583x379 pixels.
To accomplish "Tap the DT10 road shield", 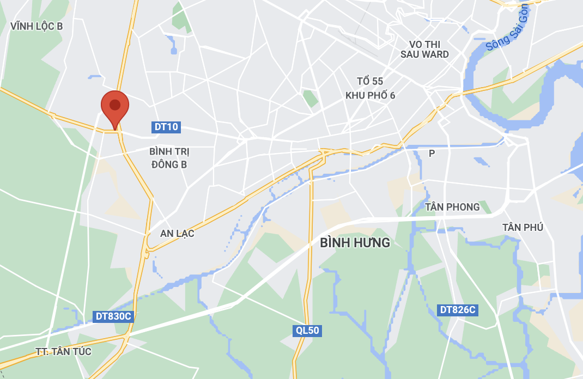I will pyautogui.click(x=166, y=127).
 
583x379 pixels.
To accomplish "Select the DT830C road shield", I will pyautogui.click(x=113, y=316).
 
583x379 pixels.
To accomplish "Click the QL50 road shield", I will pyautogui.click(x=307, y=331).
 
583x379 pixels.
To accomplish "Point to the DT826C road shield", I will pyautogui.click(x=458, y=310).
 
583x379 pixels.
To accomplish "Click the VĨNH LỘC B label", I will pyautogui.click(x=37, y=26).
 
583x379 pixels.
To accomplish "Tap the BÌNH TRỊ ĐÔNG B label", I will pyautogui.click(x=169, y=157).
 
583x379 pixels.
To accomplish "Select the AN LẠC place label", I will pyautogui.click(x=177, y=234).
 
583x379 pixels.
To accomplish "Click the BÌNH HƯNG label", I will pyautogui.click(x=355, y=242).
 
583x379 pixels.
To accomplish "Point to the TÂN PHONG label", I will pyautogui.click(x=452, y=207).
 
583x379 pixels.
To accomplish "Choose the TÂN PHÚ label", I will pyautogui.click(x=523, y=227).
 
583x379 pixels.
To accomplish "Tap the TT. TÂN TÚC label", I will pyautogui.click(x=64, y=352).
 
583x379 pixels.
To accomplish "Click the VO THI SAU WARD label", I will pyautogui.click(x=424, y=49).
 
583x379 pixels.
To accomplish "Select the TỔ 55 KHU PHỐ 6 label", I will pyautogui.click(x=370, y=88).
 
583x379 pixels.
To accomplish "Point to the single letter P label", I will pyautogui.click(x=432, y=154).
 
